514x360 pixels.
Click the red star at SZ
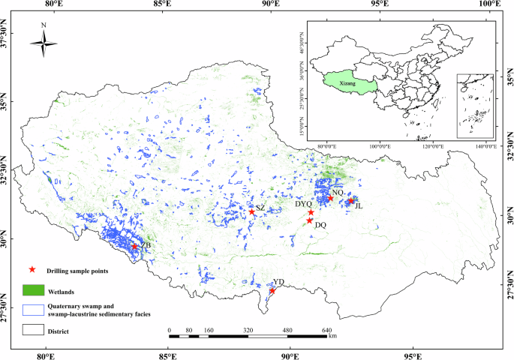[252, 212]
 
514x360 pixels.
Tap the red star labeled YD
[272, 290]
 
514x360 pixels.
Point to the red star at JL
[350, 200]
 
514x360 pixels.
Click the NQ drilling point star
[330, 198]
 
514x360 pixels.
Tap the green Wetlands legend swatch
[32, 289]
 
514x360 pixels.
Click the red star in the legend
[32, 269]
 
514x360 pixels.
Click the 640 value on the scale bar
[326, 329]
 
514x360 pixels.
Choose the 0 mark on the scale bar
[170, 329]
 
